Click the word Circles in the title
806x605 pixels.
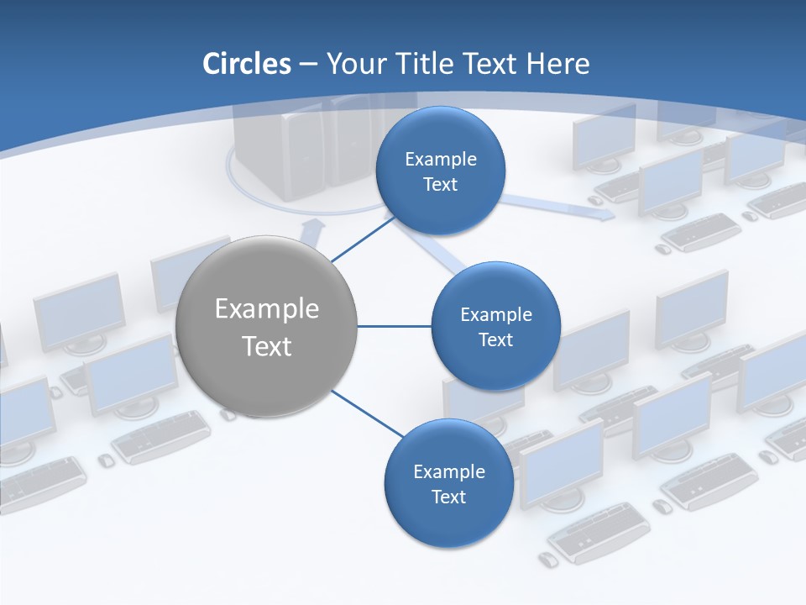point(246,64)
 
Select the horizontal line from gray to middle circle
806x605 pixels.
point(394,326)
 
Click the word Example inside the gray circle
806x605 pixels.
point(266,309)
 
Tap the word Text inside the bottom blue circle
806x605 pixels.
point(448,497)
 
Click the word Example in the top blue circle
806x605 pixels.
point(441,159)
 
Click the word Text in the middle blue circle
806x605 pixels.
point(495,339)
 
